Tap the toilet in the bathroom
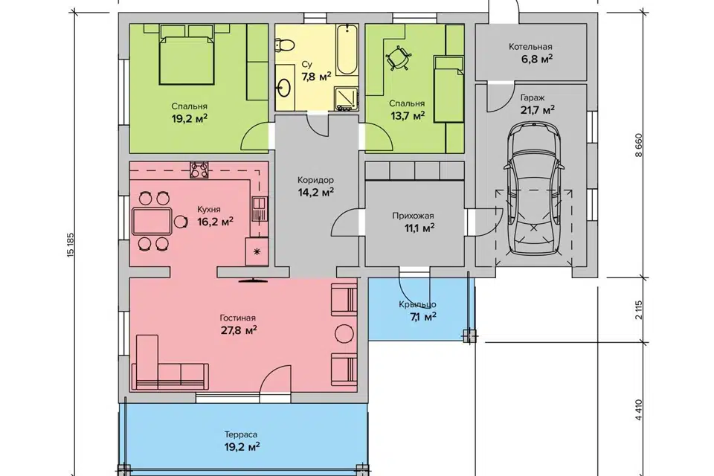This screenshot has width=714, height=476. (x=285, y=45)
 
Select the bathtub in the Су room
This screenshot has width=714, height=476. (x=347, y=50)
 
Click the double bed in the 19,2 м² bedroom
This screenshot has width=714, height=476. (x=187, y=59)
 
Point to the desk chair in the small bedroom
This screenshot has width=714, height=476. (x=399, y=58)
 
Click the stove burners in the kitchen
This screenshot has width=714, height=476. (x=199, y=170)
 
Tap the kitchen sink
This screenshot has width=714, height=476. (x=259, y=209)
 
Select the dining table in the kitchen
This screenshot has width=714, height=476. (x=152, y=221)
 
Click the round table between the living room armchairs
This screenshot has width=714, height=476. (x=344, y=334)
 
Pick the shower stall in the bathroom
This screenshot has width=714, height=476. (x=347, y=98)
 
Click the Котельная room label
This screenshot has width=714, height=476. (x=530, y=47)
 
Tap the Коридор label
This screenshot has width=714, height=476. (x=315, y=180)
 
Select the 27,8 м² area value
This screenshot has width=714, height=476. (x=239, y=329)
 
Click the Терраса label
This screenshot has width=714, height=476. (x=241, y=435)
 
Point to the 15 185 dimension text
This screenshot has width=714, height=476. (x=70, y=247)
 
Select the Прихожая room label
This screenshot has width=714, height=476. (x=413, y=216)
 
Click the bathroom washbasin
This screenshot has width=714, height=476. (x=286, y=87)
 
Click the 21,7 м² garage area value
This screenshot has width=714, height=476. (x=537, y=110)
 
